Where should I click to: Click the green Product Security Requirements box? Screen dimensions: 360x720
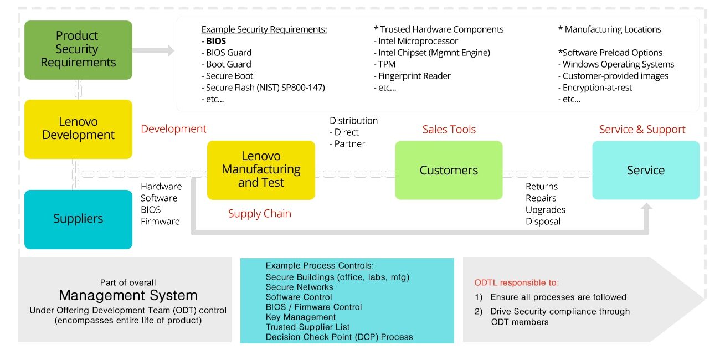click(x=78, y=50)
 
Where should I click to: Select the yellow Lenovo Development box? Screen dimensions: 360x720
click(x=78, y=128)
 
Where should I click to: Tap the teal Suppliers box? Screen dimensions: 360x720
click(x=78, y=219)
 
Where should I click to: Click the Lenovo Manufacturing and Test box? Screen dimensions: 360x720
click(x=261, y=169)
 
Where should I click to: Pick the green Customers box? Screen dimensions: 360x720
click(x=449, y=170)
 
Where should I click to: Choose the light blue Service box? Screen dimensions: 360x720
click(x=646, y=170)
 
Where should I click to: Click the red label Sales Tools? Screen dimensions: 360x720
click(x=449, y=130)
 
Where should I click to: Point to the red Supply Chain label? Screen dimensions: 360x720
click(x=259, y=214)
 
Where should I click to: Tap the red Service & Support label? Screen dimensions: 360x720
click(x=642, y=130)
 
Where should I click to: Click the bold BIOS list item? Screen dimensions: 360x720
click(x=214, y=41)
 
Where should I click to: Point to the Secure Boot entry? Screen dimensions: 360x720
click(x=227, y=76)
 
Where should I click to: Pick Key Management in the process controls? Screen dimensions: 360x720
click(x=301, y=317)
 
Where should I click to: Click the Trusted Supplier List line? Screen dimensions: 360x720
click(x=307, y=327)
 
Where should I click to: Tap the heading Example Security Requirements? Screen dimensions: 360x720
click(x=264, y=29)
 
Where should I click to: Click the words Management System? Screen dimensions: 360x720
click(x=128, y=295)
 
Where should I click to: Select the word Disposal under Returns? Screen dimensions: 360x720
click(x=543, y=222)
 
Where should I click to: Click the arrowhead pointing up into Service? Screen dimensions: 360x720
click(x=646, y=207)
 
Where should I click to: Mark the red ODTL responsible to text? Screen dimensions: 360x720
click(x=517, y=282)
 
